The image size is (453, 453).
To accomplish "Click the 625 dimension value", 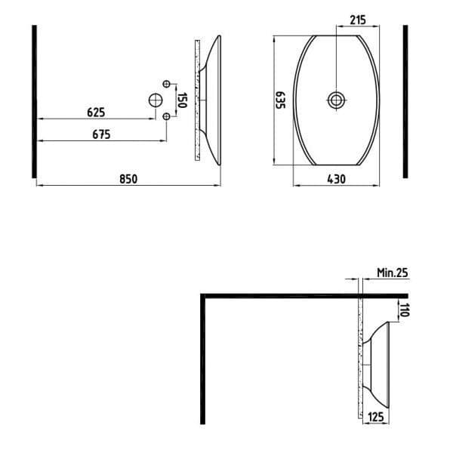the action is (x=96, y=112).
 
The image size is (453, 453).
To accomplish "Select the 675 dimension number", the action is (x=101, y=134).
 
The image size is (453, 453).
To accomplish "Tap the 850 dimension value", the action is (x=128, y=179).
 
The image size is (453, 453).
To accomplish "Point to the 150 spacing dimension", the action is (x=182, y=100).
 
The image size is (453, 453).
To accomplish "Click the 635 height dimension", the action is (x=280, y=100).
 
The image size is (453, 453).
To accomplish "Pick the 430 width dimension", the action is (x=336, y=179).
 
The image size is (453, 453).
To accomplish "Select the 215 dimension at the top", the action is (x=358, y=20).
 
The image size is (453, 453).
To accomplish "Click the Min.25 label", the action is (x=393, y=273).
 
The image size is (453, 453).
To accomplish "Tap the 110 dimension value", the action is (x=405, y=310).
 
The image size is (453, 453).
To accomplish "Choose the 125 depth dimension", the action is (x=376, y=417).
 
